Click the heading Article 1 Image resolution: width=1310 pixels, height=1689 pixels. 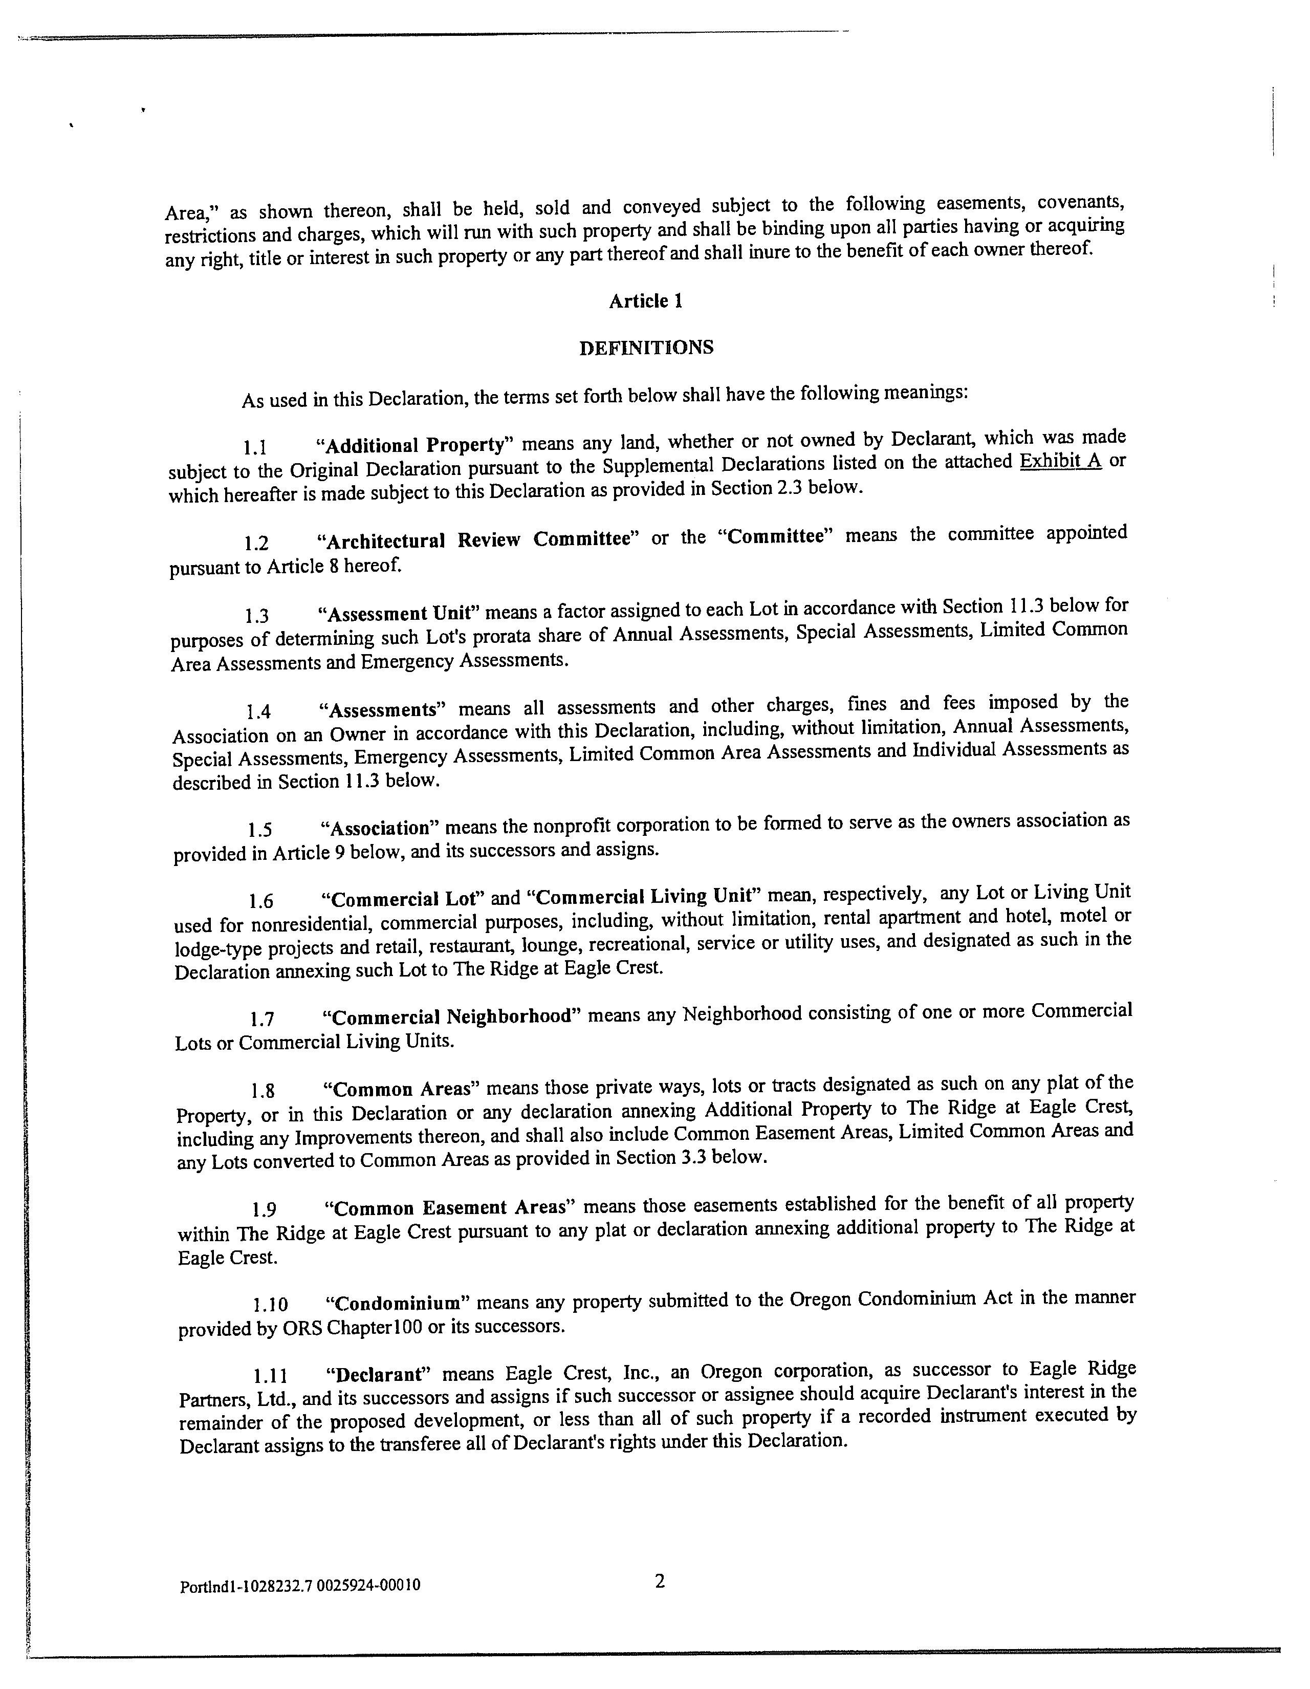click(645, 301)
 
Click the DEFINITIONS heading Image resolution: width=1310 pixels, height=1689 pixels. click(646, 348)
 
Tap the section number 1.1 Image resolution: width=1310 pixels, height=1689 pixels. click(255, 447)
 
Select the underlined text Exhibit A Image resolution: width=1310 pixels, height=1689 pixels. click(1060, 462)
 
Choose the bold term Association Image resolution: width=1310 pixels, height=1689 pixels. click(379, 828)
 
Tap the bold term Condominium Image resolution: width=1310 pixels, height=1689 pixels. click(398, 1304)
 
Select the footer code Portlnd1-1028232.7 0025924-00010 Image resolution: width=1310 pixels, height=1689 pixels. click(300, 1586)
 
